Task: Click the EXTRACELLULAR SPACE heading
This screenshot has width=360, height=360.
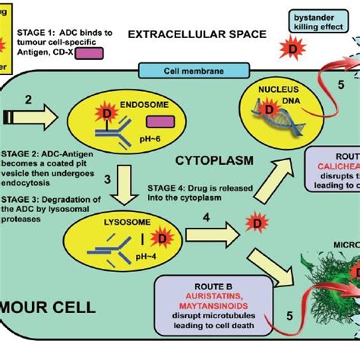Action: click(x=197, y=34)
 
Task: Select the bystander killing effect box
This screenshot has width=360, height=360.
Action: click(x=313, y=21)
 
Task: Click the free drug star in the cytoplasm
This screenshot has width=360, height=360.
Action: click(x=248, y=224)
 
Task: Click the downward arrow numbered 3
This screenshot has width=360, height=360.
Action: click(x=136, y=180)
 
